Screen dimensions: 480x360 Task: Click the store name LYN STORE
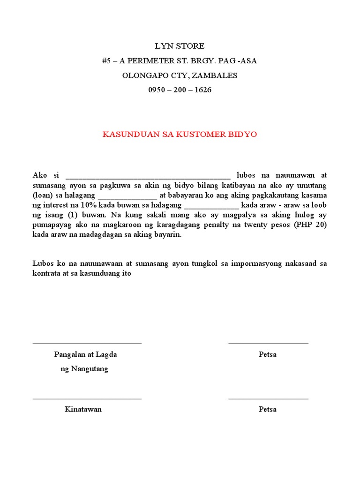point(180,46)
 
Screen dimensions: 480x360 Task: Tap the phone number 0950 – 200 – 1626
point(180,90)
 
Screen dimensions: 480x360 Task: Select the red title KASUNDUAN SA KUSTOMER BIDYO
point(180,135)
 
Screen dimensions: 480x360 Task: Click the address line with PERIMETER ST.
point(180,60)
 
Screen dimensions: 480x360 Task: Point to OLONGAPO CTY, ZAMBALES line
point(180,75)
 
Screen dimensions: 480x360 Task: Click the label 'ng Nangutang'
point(84,369)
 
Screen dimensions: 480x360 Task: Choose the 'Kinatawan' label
point(83,409)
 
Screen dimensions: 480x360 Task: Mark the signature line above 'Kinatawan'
point(87,399)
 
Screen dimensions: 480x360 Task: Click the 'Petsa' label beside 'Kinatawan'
point(267,409)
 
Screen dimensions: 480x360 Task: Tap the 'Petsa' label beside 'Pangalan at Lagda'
point(267,354)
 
